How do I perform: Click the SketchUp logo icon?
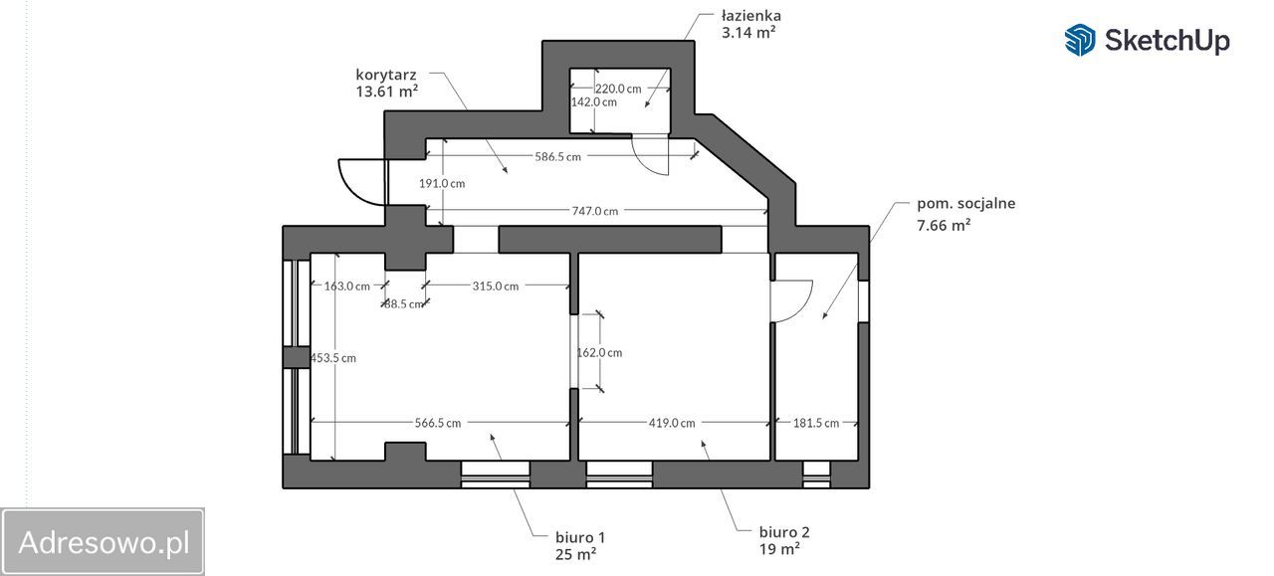point(1080,40)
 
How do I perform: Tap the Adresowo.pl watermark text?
point(104,543)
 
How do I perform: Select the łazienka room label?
point(751,16)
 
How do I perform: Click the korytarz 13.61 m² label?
point(386,74)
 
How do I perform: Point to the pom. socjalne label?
point(965,204)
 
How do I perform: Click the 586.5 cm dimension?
point(557,156)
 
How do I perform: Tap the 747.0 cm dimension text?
point(594,211)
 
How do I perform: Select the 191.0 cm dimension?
point(442,183)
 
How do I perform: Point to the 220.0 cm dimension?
point(618,88)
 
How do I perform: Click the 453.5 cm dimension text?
point(333,358)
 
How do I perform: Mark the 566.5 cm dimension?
point(438,423)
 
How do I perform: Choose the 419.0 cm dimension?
point(672,423)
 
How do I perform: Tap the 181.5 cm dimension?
point(816,423)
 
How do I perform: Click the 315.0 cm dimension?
point(496,287)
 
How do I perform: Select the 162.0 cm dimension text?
point(600,352)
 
